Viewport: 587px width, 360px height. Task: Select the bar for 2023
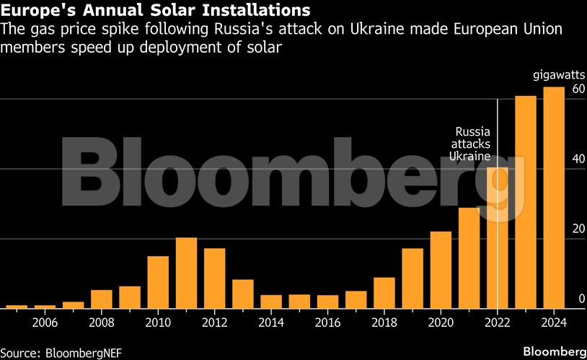pos(525,201)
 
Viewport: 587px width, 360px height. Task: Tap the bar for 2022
pos(497,237)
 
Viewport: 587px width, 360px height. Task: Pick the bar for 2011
pos(187,272)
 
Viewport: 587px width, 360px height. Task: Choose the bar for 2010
pos(158,281)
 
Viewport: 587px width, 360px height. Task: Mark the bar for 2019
pos(412,278)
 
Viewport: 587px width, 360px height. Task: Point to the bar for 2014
pos(271,301)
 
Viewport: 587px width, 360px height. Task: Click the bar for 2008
pos(102,299)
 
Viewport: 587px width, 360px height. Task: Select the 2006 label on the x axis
pos(45,322)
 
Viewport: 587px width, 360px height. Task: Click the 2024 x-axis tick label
pos(553,322)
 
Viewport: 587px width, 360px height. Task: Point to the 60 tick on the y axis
pos(577,89)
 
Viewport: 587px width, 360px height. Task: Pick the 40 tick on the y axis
pos(577,159)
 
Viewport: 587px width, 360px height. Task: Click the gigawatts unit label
pos(558,75)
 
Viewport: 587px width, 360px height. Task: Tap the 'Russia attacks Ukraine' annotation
pos(471,144)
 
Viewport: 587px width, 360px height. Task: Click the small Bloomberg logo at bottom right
pos(553,351)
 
